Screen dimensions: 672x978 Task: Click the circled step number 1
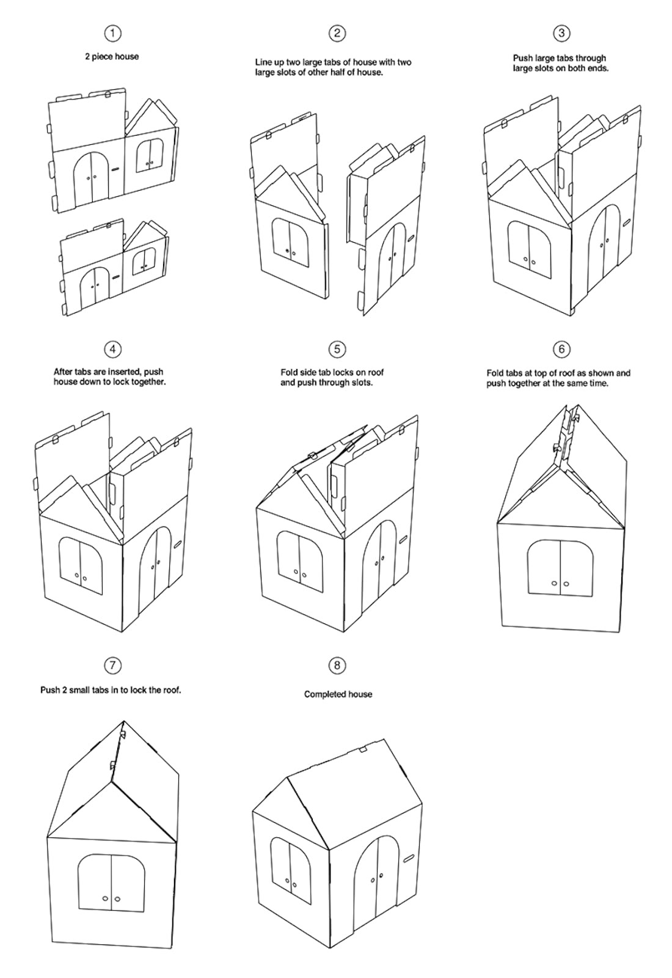click(x=112, y=34)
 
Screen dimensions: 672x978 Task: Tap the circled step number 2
click(x=337, y=34)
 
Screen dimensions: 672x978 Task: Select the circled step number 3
click(x=561, y=34)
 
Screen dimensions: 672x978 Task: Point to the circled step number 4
click(x=112, y=349)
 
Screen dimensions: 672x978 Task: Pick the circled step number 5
click(x=337, y=349)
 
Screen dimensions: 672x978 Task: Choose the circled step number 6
click(x=561, y=349)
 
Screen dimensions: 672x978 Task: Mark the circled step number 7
click(x=112, y=665)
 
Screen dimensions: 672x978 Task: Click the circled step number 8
click(x=337, y=665)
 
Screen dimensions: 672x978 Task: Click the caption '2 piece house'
click(x=112, y=56)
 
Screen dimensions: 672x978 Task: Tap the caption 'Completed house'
click(x=338, y=694)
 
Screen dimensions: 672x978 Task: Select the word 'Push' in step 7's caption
click(x=51, y=690)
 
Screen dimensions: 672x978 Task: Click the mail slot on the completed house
click(x=409, y=858)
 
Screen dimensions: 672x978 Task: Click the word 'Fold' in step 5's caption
click(x=289, y=372)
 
